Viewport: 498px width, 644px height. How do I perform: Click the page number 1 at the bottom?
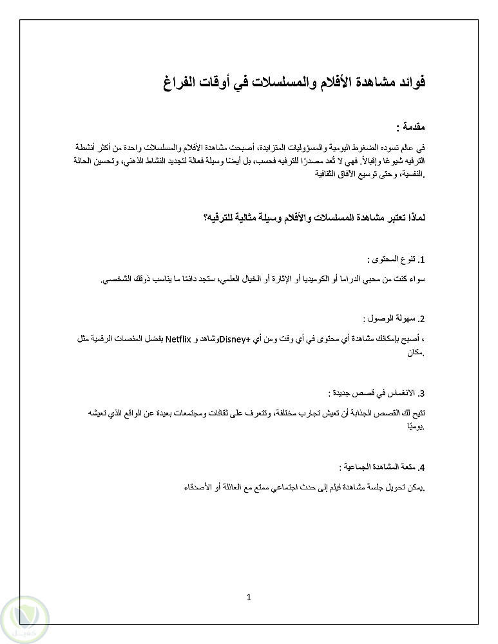249,597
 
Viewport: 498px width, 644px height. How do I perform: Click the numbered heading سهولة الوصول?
392,319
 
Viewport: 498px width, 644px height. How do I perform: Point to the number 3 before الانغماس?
421,393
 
